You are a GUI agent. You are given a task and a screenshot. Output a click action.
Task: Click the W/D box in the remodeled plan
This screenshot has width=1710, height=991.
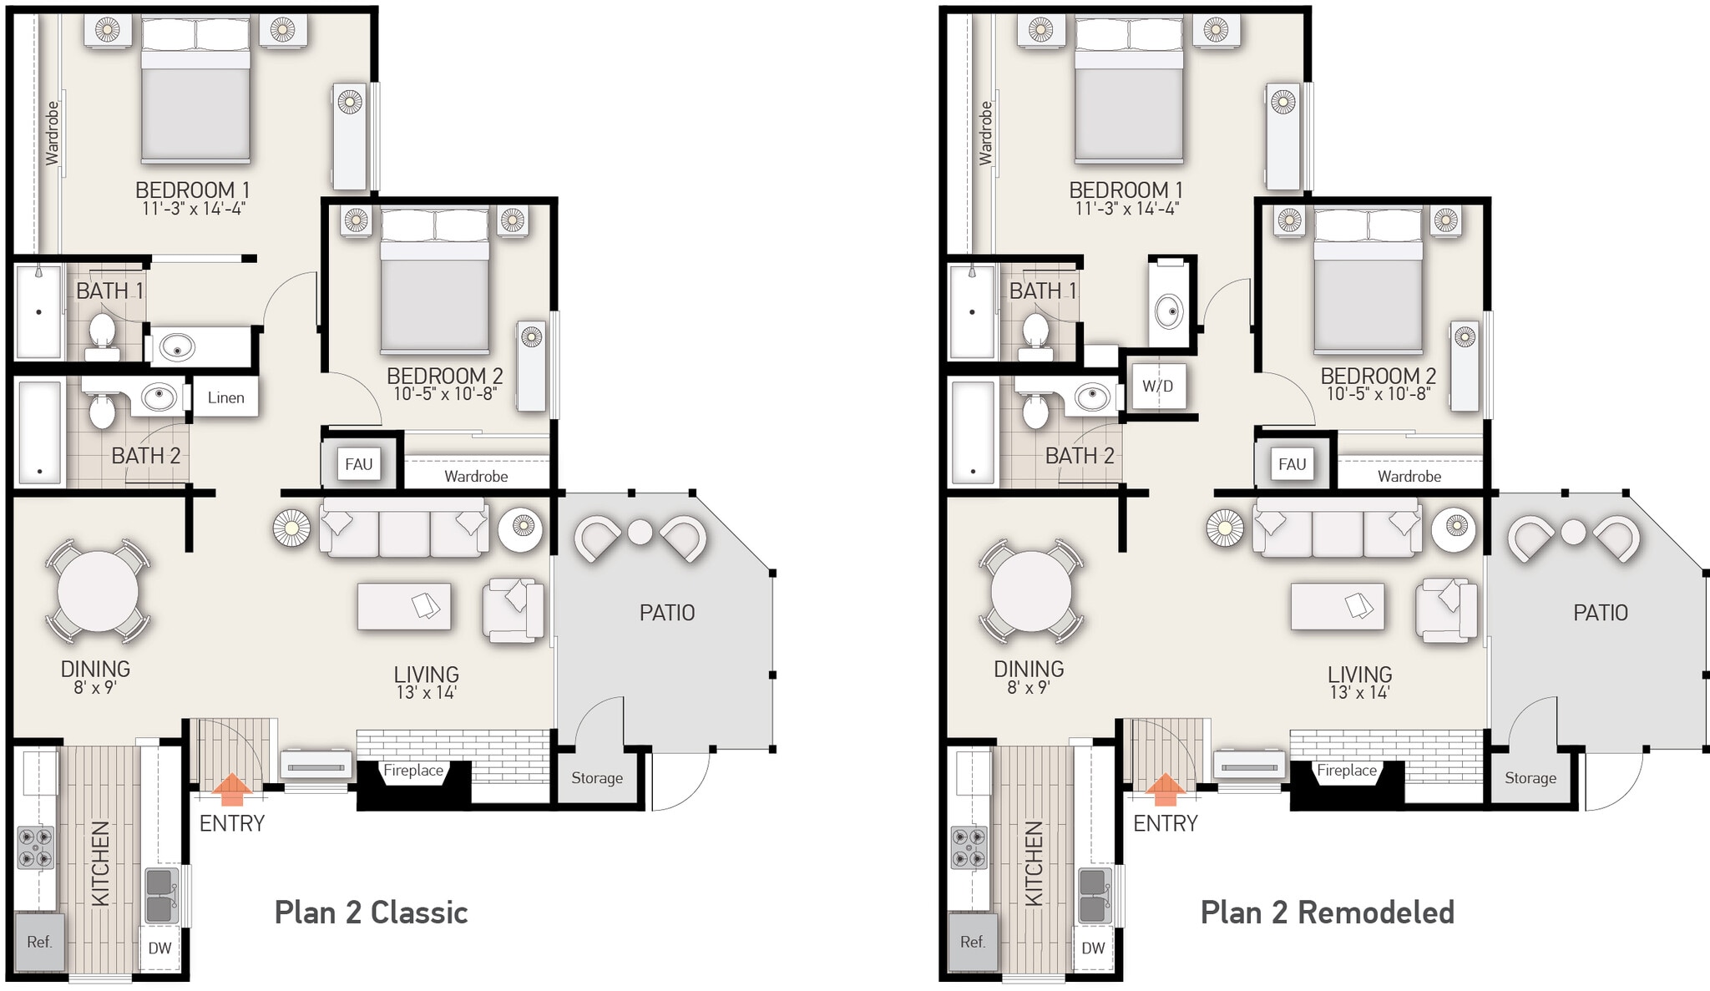[1157, 386]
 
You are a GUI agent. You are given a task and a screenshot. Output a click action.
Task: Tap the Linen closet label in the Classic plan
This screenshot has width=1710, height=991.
[225, 397]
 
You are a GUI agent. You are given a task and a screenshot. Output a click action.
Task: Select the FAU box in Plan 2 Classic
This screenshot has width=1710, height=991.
[358, 464]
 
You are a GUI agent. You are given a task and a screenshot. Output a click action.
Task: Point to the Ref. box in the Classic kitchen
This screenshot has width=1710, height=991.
[39, 942]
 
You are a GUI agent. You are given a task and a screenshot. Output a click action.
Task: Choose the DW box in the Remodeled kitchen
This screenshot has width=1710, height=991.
[1092, 948]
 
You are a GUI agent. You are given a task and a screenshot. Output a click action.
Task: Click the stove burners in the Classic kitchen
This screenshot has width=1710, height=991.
[36, 847]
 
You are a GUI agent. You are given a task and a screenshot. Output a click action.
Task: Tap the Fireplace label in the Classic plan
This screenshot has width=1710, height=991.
[413, 771]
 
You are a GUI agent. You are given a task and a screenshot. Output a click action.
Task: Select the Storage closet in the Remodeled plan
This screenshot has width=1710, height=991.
[1530, 778]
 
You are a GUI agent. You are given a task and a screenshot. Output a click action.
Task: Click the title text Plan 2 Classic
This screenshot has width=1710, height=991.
[371, 913]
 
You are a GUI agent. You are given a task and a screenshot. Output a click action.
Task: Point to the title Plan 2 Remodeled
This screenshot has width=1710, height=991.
[1327, 913]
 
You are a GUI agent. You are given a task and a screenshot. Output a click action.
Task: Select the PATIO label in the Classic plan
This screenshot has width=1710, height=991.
[666, 613]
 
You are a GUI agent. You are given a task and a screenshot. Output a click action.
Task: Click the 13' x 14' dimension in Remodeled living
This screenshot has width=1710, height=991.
[1359, 692]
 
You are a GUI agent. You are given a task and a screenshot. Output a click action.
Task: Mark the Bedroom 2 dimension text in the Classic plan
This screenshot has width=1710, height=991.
[444, 393]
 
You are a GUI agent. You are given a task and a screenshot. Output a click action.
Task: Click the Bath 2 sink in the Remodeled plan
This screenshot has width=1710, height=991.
[1091, 396]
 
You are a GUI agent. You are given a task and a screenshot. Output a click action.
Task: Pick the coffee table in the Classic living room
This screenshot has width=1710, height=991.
[404, 606]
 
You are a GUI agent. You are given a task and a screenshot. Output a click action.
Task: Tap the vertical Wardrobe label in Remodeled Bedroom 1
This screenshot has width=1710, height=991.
[985, 134]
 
